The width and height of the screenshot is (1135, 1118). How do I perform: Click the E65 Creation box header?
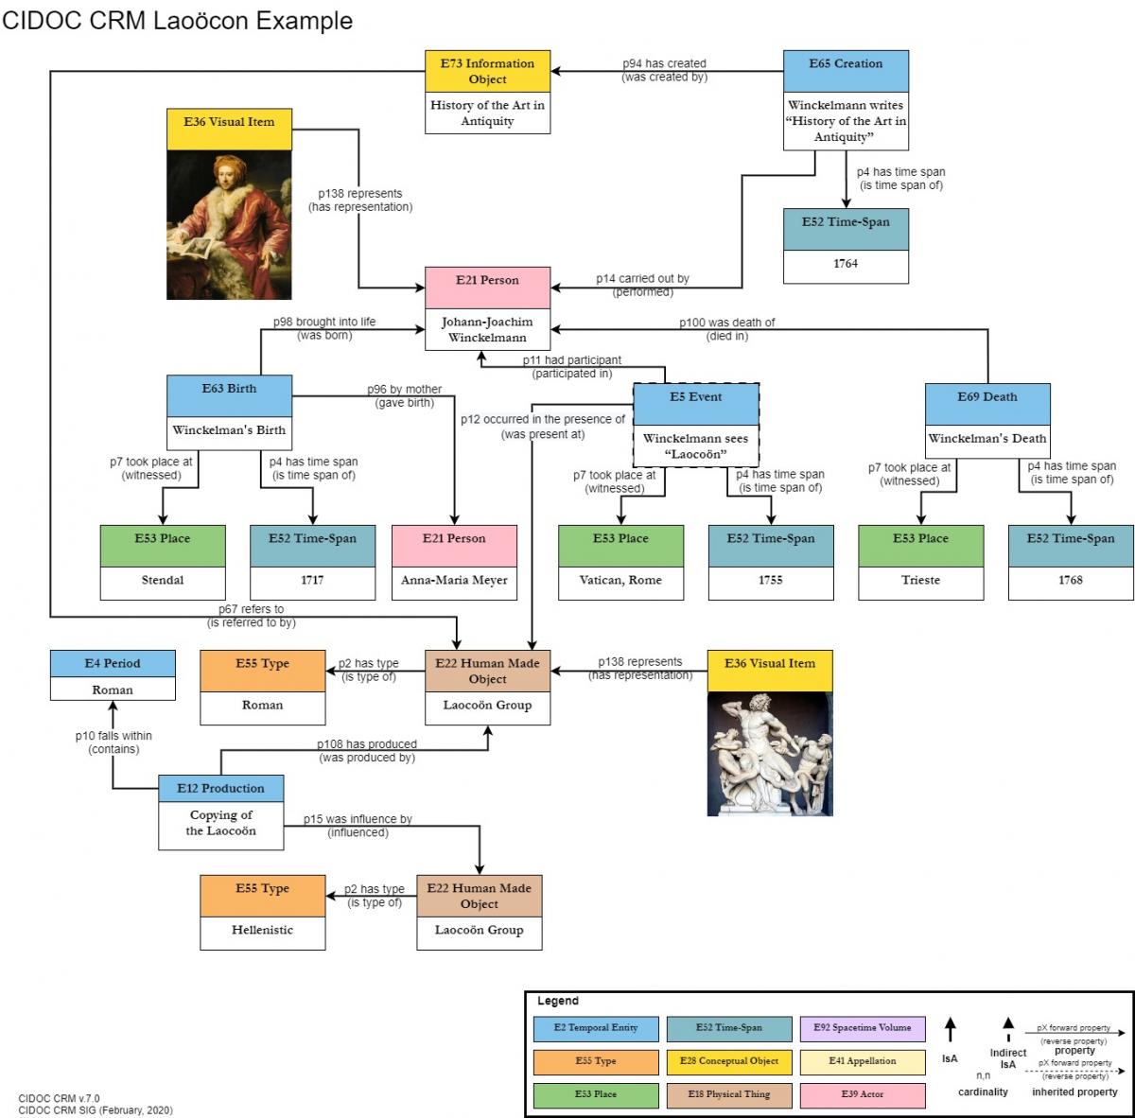[x=846, y=64]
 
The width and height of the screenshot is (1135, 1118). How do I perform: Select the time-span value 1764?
[x=846, y=264]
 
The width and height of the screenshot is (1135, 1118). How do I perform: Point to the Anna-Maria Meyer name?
[x=454, y=580]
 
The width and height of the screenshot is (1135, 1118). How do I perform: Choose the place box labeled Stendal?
[x=163, y=580]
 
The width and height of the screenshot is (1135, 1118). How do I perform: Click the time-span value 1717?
[x=312, y=580]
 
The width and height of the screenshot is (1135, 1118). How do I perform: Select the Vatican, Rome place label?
[x=620, y=580]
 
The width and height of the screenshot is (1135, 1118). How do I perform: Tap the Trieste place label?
[x=920, y=580]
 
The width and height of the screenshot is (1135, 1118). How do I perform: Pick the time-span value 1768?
[x=1071, y=580]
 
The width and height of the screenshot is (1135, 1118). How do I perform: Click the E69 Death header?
[x=987, y=397]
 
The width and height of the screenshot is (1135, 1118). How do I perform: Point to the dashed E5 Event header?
[x=695, y=397]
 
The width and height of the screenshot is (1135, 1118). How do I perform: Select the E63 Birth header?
[x=229, y=389]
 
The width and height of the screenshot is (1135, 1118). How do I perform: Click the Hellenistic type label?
[x=262, y=930]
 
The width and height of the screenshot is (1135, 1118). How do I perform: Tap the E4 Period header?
[x=113, y=663]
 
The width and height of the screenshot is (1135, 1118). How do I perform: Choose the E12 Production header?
[x=220, y=788]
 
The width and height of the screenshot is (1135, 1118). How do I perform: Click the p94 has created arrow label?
[x=664, y=63]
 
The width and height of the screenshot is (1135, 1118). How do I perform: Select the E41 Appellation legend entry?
[x=862, y=1061]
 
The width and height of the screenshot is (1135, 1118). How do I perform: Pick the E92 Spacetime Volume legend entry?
[x=862, y=1027]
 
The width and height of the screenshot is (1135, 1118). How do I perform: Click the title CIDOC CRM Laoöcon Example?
[x=177, y=21]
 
